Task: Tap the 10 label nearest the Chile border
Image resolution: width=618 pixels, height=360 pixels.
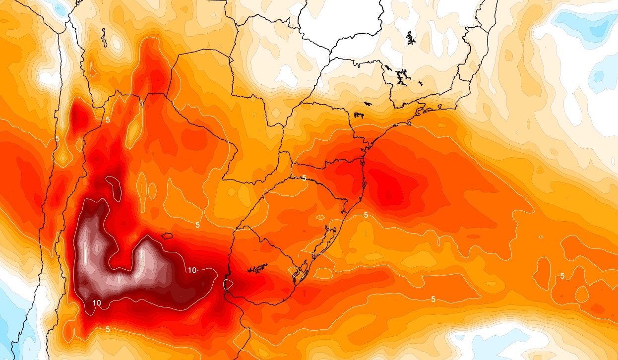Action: (97, 303)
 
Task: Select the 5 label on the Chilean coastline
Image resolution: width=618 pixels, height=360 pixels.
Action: (57, 138)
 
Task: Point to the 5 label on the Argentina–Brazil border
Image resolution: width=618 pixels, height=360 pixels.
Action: (304, 178)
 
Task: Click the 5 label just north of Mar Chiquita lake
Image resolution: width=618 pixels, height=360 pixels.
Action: (197, 225)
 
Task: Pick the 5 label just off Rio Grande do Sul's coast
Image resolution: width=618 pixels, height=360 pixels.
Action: (366, 215)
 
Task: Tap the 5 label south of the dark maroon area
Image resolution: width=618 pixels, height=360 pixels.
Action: (108, 329)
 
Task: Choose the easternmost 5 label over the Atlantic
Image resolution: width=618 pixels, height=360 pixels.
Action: (562, 276)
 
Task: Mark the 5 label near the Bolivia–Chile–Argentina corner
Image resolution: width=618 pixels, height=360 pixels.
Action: (108, 120)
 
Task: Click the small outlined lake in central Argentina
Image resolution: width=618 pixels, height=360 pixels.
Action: (166, 236)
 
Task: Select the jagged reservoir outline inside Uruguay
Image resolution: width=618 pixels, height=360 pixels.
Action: (256, 268)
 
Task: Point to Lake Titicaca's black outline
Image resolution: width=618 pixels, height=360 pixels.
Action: (104, 37)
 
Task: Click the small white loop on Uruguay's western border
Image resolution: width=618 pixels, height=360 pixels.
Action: (228, 285)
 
